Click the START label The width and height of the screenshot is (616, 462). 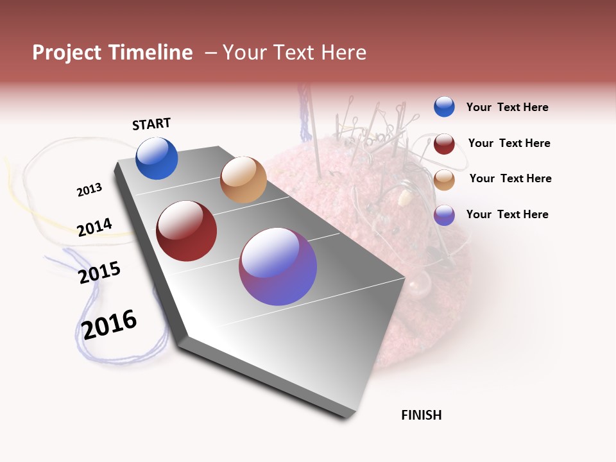coord(151,124)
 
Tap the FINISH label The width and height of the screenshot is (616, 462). coord(421,415)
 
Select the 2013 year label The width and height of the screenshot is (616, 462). coord(89,190)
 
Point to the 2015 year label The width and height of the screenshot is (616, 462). coord(99,273)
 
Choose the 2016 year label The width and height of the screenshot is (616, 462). coord(109,325)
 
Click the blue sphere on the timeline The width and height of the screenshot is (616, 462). coord(157,158)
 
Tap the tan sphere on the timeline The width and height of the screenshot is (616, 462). coord(243,180)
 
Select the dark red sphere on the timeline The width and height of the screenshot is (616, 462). coord(187,231)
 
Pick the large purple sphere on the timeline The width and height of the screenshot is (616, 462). coord(278,266)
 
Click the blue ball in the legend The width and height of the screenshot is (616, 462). coord(444,107)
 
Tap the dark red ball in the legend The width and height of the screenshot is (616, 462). coord(444,144)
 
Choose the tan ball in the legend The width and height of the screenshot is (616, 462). coord(444,179)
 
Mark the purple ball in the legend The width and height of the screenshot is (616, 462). coord(444,215)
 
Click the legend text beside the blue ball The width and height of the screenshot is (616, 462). coord(507,108)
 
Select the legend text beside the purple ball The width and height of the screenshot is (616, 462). coord(507,214)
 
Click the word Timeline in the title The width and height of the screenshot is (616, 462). coord(151,53)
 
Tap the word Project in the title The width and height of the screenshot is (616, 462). coord(67,53)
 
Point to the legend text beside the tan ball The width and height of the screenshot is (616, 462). coord(510,178)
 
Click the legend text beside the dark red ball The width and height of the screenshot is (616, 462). coord(509,143)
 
